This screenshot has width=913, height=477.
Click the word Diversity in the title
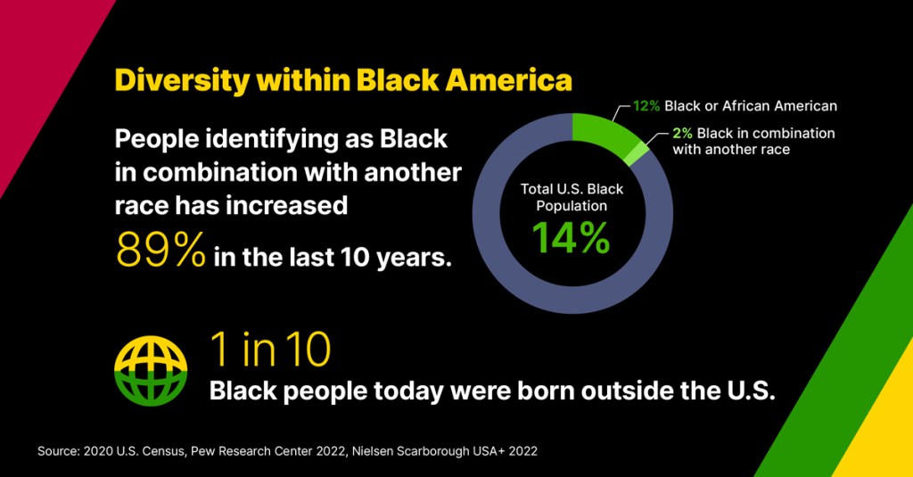pyautogui.click(x=183, y=80)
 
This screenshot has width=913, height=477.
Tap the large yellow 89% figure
pyautogui.click(x=161, y=250)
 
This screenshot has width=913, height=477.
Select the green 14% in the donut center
pyautogui.click(x=571, y=238)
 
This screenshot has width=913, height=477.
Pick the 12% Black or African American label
pyautogui.click(x=735, y=106)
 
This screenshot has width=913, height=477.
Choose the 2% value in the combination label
pyautogui.click(x=682, y=134)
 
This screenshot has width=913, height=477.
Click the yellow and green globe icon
pyautogui.click(x=151, y=370)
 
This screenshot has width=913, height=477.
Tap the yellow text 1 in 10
pyautogui.click(x=270, y=350)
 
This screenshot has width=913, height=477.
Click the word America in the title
pyautogui.click(x=508, y=80)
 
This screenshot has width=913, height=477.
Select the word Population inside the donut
pyautogui.click(x=572, y=206)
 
